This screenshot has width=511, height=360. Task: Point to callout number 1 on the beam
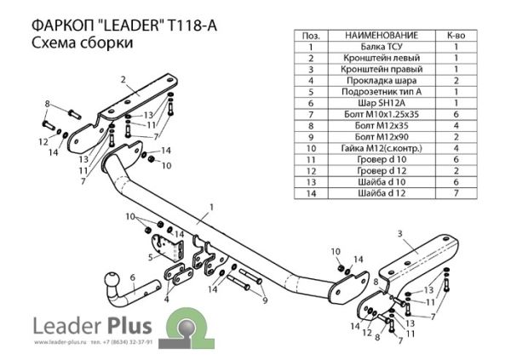tap(210, 207)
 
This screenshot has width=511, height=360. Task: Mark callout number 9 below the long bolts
tap(265, 300)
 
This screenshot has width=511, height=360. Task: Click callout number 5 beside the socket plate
tap(149, 255)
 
